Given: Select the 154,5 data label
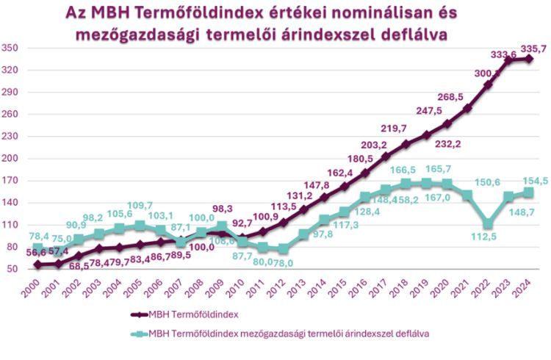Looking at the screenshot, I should coord(514,180).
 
